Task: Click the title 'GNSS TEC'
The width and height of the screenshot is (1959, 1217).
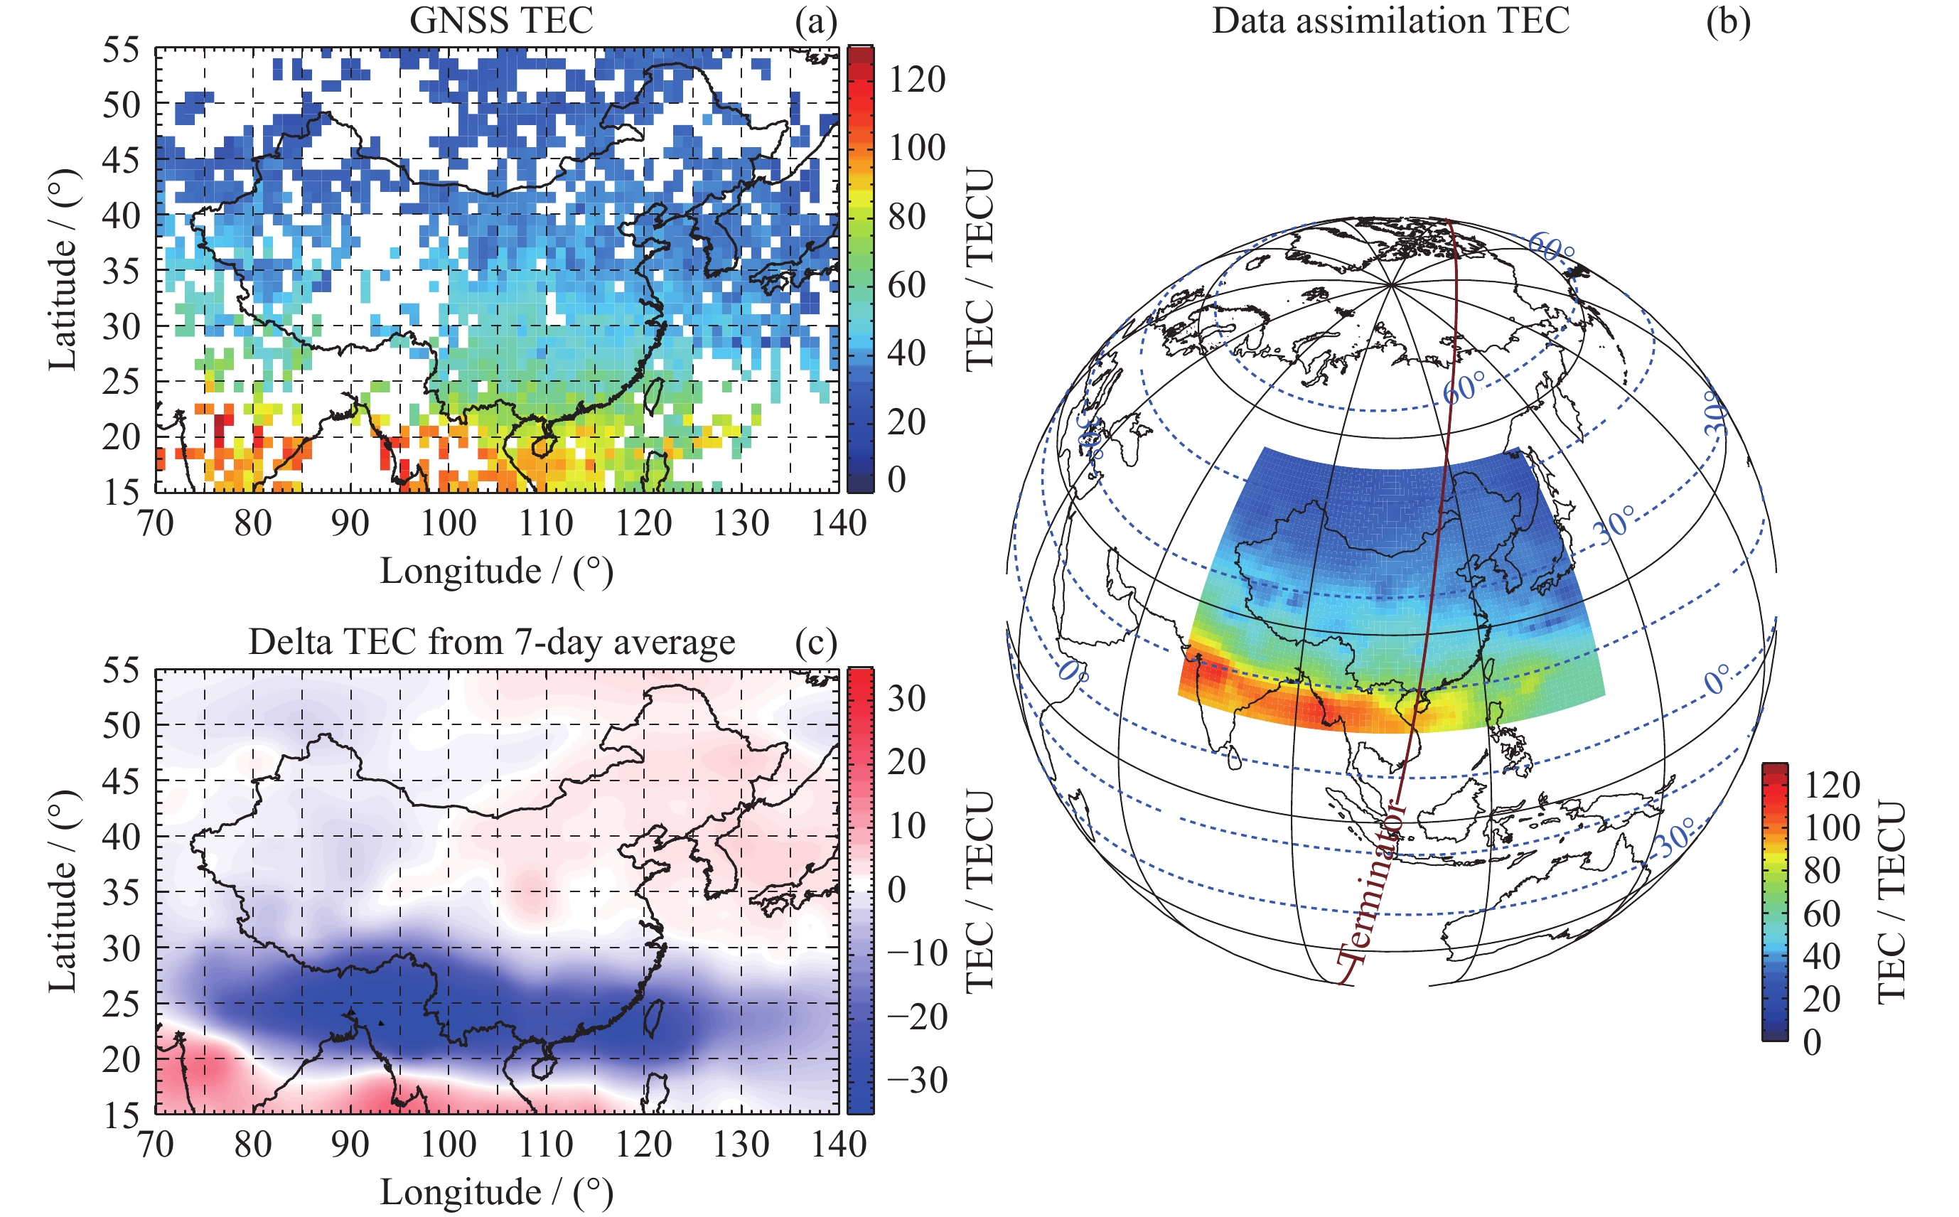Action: coord(500,20)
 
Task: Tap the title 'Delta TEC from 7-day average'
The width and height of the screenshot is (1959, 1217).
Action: coord(491,643)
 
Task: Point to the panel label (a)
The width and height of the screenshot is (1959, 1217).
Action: coord(815,21)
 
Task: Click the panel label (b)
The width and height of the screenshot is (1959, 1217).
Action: coord(1728,21)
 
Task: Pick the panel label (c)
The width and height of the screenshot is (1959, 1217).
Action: coord(815,643)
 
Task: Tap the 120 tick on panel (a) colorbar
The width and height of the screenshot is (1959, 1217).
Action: coord(917,79)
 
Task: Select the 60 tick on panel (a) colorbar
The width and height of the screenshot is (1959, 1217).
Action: coord(906,285)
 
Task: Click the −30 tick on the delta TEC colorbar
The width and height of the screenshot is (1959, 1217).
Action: coord(918,1081)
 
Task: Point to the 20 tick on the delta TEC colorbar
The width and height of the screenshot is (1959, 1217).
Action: coord(906,761)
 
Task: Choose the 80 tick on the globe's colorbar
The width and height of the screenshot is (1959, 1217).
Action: coord(1821,870)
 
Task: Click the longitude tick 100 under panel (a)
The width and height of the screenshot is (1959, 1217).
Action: coord(449,523)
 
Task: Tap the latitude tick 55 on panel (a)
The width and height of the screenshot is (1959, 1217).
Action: coord(121,50)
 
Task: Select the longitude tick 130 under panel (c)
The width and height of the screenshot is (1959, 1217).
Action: coord(741,1144)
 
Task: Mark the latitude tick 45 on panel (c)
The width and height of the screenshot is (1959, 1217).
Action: coord(121,781)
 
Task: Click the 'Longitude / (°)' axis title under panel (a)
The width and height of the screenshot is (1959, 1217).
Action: coord(497,572)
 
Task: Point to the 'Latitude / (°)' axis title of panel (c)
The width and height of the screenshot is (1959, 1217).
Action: coord(62,891)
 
